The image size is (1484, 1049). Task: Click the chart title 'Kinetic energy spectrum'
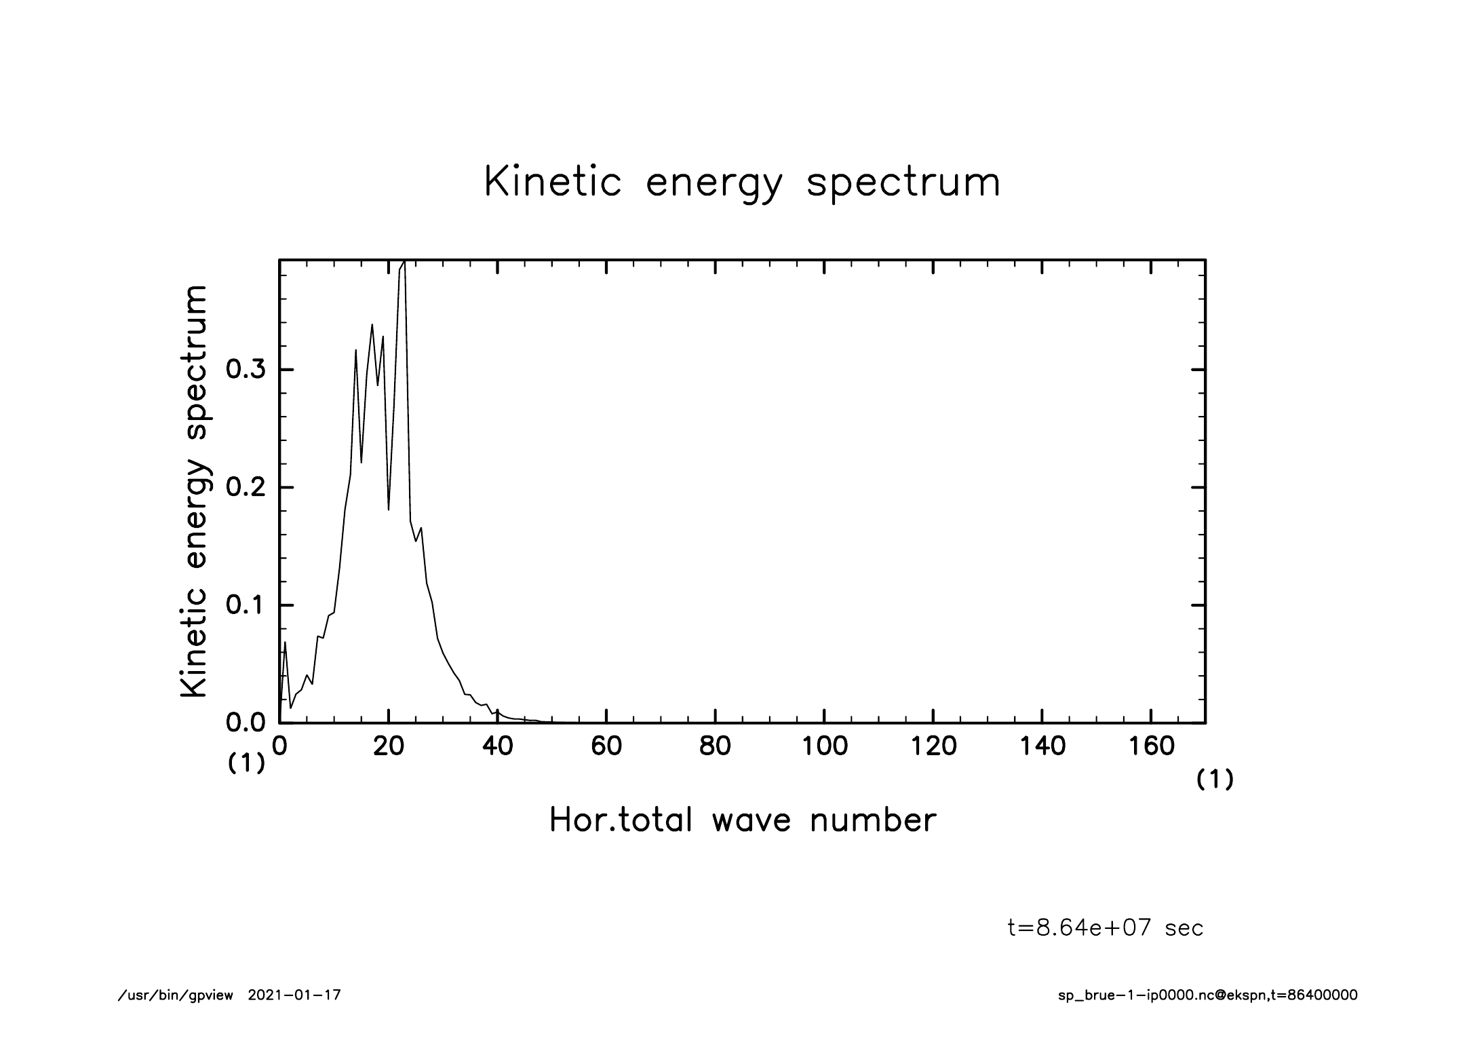tap(742, 183)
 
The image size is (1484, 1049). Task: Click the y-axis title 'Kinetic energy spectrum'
tap(194, 491)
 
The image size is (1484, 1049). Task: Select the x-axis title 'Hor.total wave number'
tap(742, 820)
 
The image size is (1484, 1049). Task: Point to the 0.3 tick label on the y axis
tap(245, 370)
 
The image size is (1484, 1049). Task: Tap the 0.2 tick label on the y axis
tap(245, 488)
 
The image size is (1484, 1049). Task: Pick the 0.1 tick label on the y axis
tap(245, 605)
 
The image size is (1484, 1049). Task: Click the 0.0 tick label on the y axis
tap(245, 723)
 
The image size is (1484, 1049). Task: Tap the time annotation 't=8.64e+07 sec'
tap(1106, 928)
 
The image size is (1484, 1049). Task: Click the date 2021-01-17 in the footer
tap(294, 995)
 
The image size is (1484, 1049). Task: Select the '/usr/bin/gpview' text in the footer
tap(176, 995)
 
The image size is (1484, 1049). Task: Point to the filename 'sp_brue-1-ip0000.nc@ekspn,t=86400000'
tap(1207, 995)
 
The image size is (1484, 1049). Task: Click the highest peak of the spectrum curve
tap(404, 262)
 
